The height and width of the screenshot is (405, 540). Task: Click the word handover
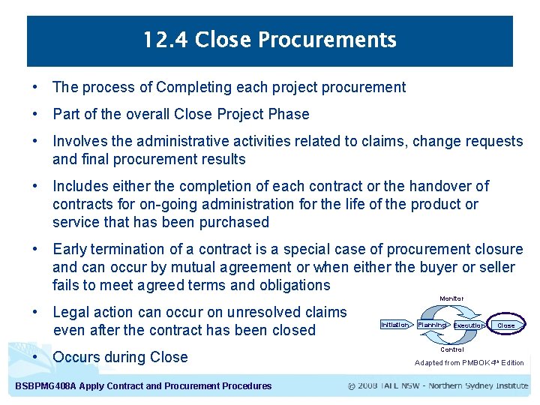[444, 186]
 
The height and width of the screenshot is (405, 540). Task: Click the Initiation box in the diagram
[394, 325]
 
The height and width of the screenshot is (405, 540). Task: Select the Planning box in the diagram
[431, 325]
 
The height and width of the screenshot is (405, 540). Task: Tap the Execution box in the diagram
[469, 325]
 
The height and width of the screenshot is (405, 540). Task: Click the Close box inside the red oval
[506, 325]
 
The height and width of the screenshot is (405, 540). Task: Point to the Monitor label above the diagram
[451, 298]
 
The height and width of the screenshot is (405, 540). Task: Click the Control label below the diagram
[451, 349]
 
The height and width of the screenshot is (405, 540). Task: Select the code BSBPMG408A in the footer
[44, 386]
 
